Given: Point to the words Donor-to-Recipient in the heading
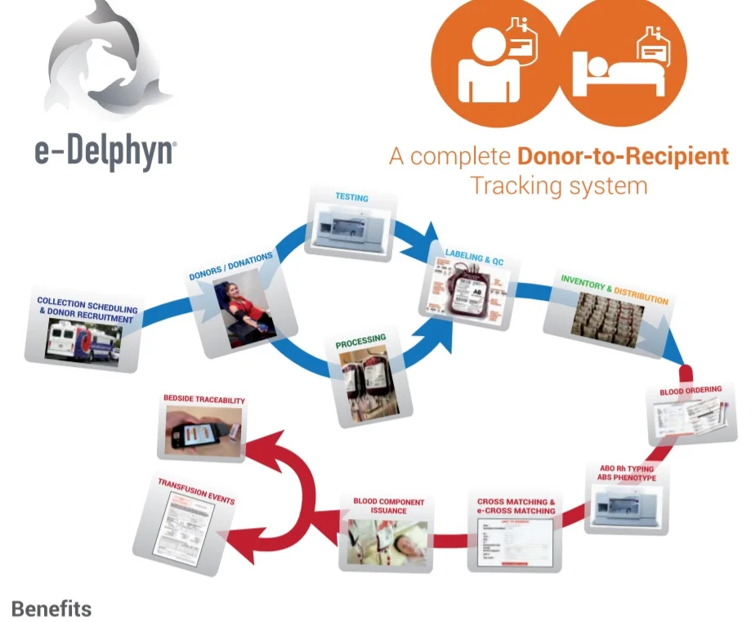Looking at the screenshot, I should [x=623, y=155].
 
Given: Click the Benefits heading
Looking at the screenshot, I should [x=51, y=609].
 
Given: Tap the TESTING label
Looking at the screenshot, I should [x=351, y=198].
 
